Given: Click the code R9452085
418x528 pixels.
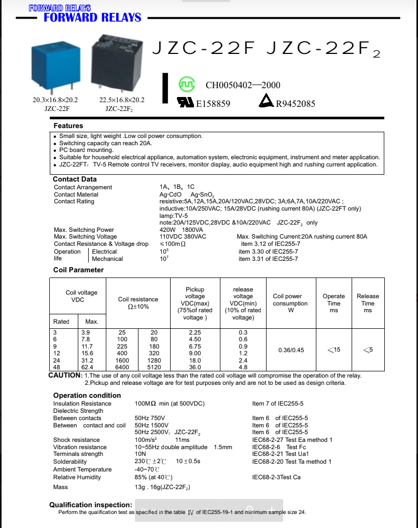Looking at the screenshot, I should [x=295, y=104].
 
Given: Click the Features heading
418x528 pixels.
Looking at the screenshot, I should [x=68, y=126].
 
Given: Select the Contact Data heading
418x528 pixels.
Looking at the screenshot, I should [x=75, y=179].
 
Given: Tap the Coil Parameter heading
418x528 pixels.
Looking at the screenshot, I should [x=78, y=270].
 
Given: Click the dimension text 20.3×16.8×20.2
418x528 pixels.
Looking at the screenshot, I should [x=55, y=100].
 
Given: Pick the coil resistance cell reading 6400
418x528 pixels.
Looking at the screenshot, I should [x=122, y=367].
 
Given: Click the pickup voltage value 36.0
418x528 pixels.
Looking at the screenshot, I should [x=195, y=367].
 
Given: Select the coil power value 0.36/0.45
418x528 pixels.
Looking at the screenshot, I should [x=290, y=350].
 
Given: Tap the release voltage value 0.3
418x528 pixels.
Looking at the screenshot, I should [x=243, y=332].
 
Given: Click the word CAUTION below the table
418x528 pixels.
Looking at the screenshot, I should [x=65, y=375].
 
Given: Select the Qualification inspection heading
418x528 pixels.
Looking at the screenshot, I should [x=91, y=505].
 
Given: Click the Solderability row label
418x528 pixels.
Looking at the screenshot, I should [x=70, y=462].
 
